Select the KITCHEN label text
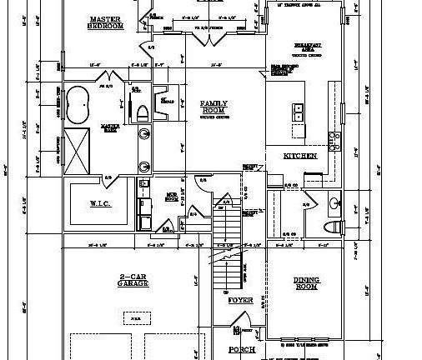299,155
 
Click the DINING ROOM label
306,283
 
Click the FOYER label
240,299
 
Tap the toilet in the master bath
141,108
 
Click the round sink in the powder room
334,202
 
